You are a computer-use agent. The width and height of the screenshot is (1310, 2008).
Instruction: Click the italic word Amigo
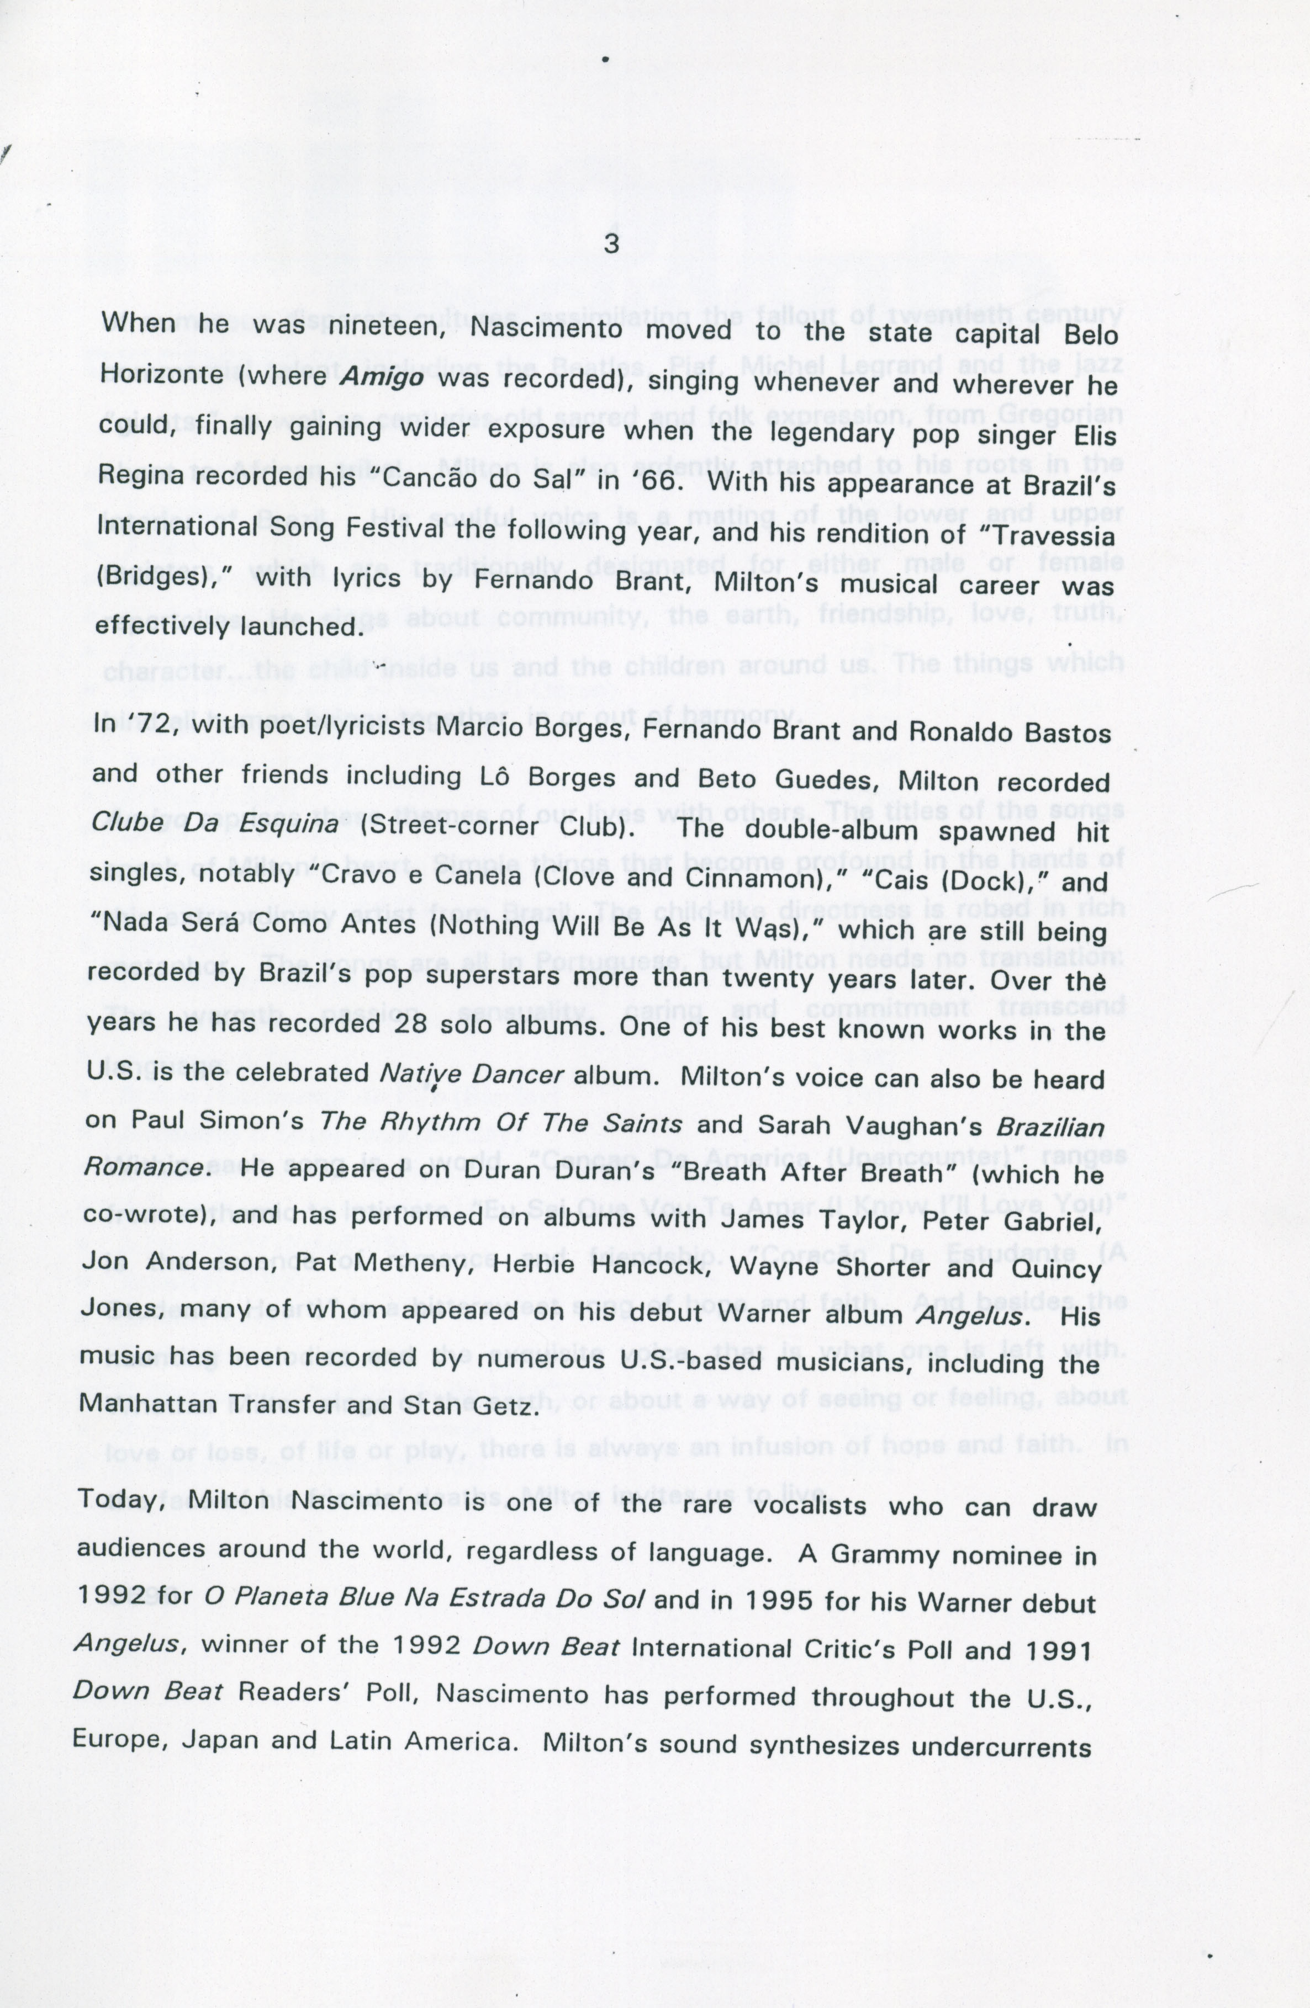pyautogui.click(x=382, y=377)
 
